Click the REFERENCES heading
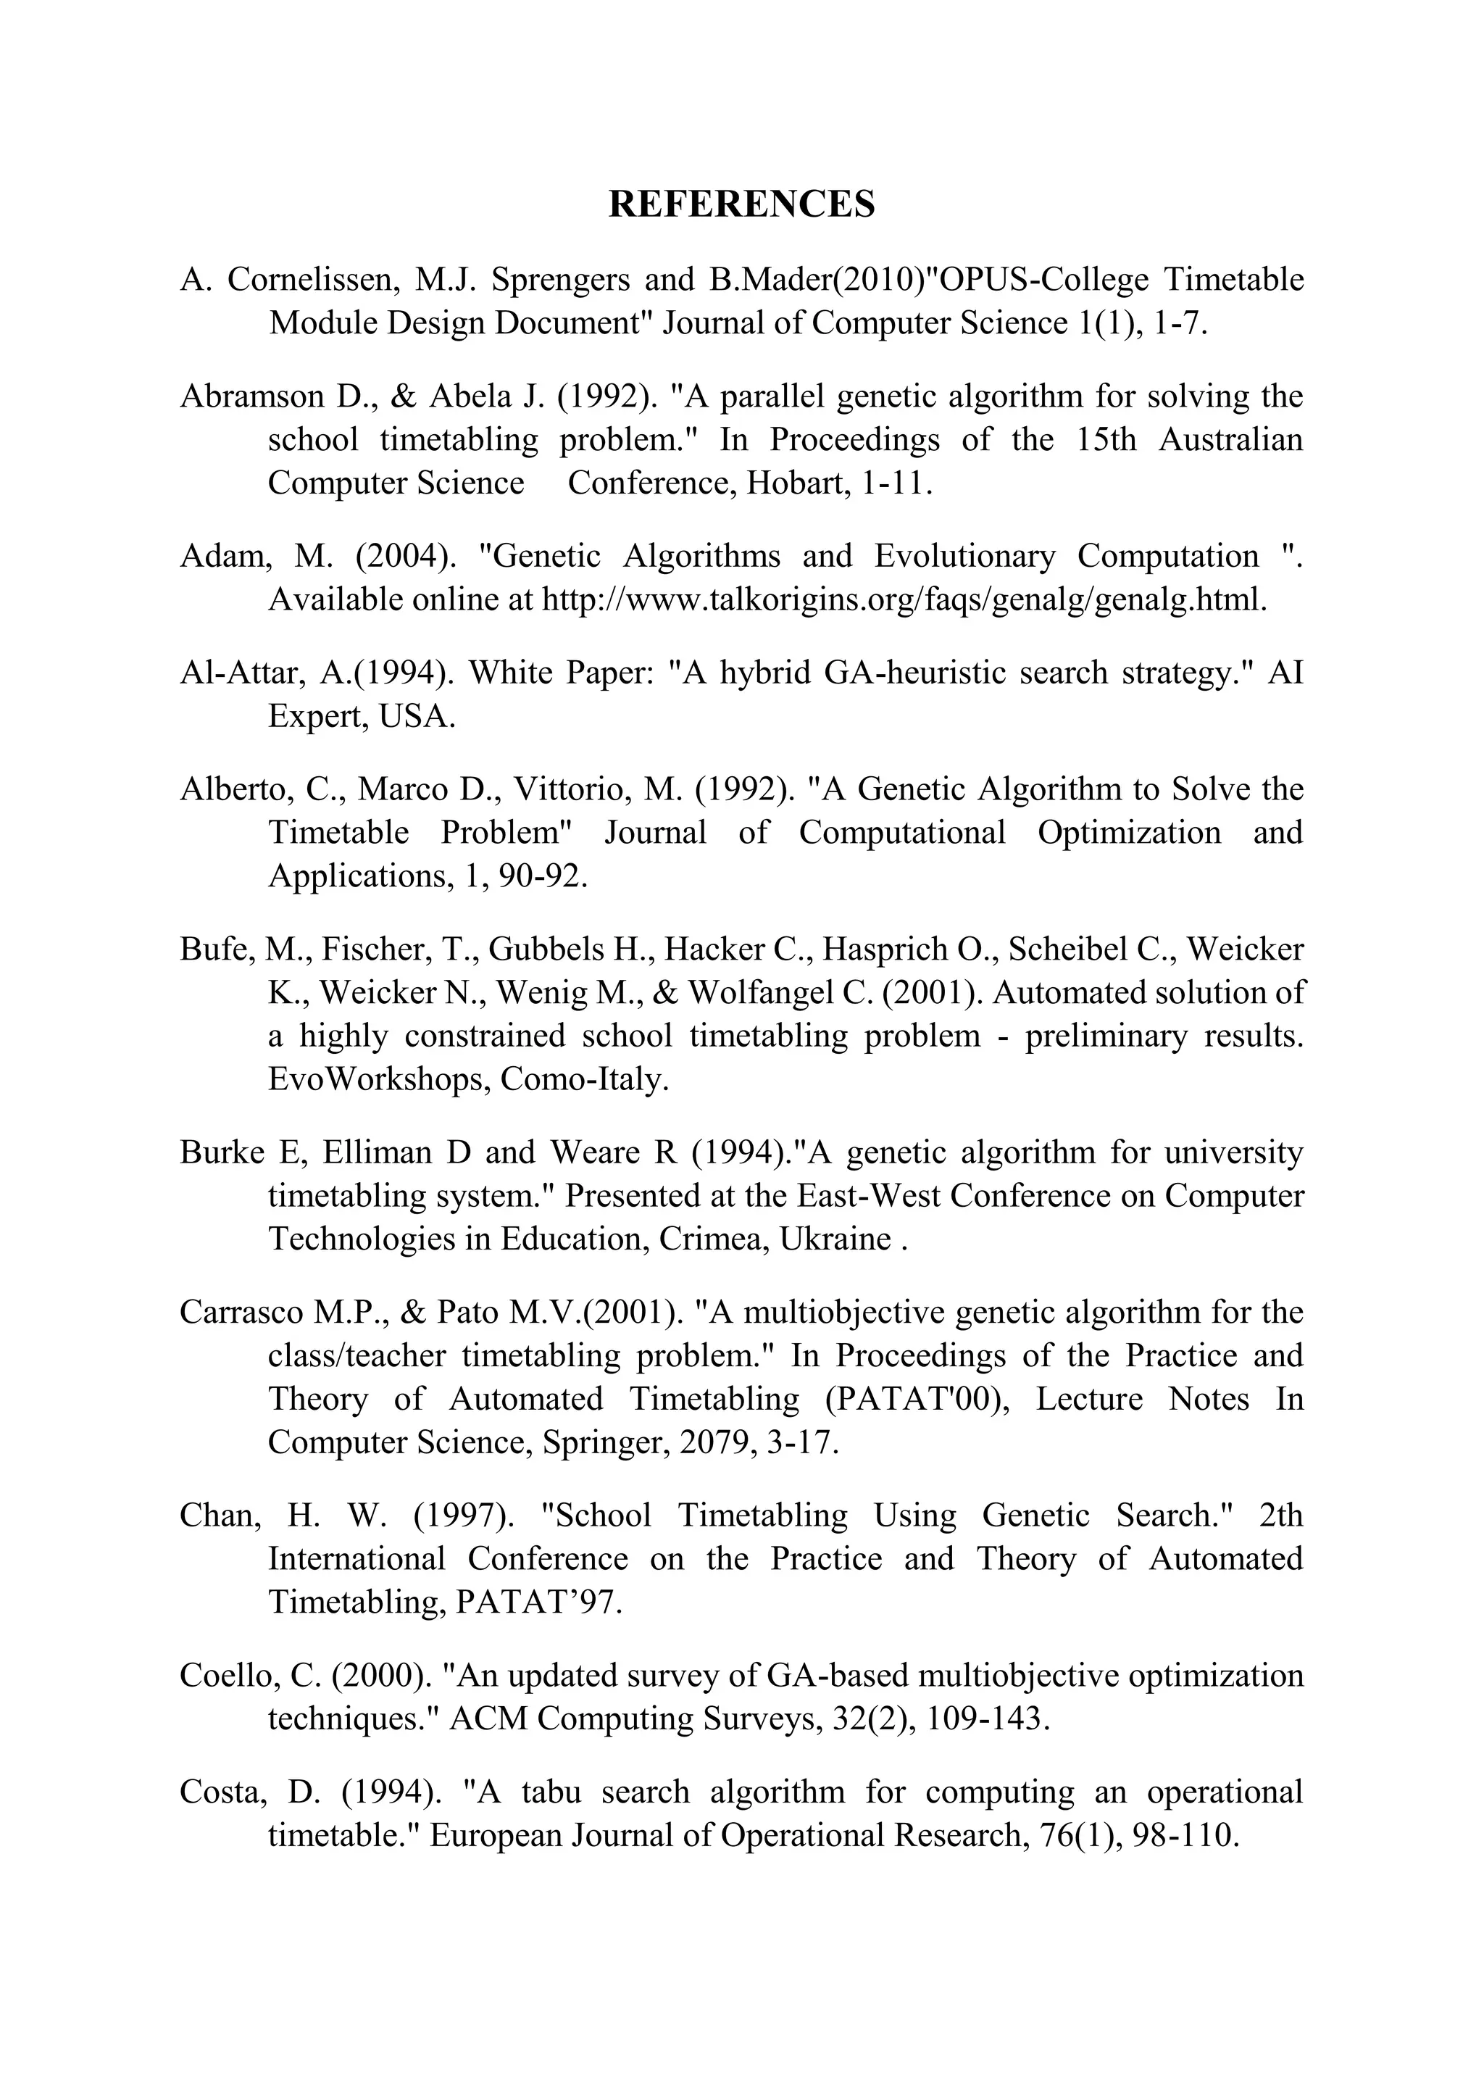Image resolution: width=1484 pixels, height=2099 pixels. pyautogui.click(x=741, y=204)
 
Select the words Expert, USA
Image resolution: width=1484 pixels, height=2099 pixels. pyautogui.click(x=361, y=716)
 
